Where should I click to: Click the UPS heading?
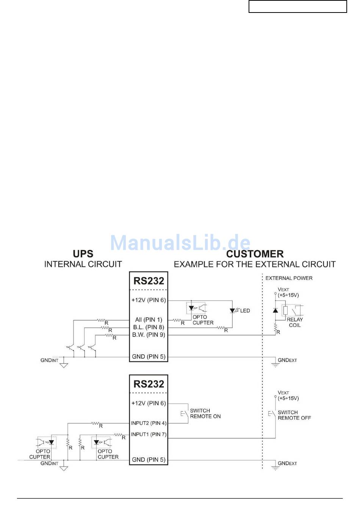[83, 254]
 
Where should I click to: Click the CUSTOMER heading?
[255, 254]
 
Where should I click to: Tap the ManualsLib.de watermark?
[180, 243]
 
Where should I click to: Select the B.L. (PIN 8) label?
[149, 327]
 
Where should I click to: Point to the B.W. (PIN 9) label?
[149, 335]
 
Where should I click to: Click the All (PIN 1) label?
[149, 320]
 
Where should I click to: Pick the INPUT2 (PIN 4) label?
[149, 423]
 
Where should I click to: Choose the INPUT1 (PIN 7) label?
[149, 435]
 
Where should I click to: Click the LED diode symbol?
[232, 311]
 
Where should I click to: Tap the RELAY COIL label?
[294, 322]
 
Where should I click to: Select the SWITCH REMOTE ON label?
[205, 413]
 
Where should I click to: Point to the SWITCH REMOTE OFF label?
[294, 415]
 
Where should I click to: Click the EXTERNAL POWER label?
[289, 278]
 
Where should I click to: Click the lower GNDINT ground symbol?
[64, 468]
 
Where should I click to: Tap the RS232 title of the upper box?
[149, 281]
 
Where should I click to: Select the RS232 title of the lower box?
[149, 384]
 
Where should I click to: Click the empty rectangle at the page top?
[297, 6]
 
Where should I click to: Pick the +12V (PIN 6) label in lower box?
[149, 403]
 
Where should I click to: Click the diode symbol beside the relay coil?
[275, 311]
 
